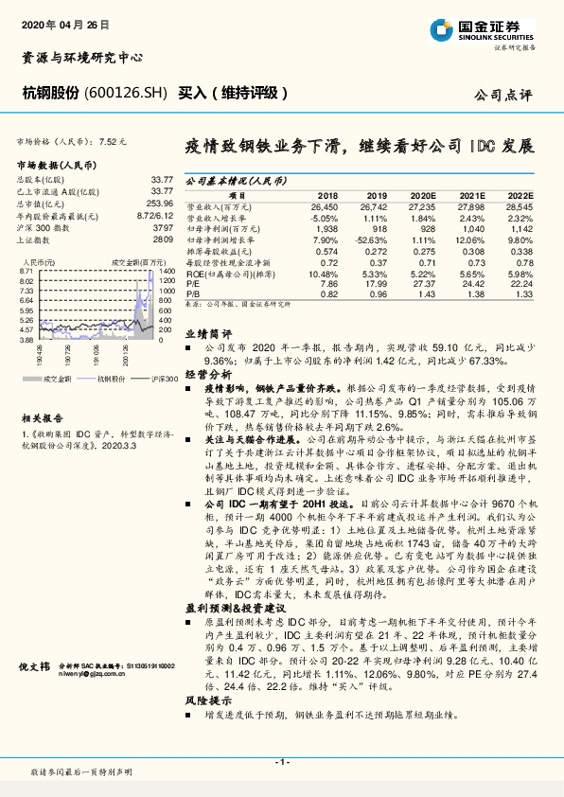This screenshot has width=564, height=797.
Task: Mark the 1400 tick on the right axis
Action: [167, 271]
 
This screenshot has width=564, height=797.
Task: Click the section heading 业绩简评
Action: [207, 334]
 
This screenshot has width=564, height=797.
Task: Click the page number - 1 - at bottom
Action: [281, 761]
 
